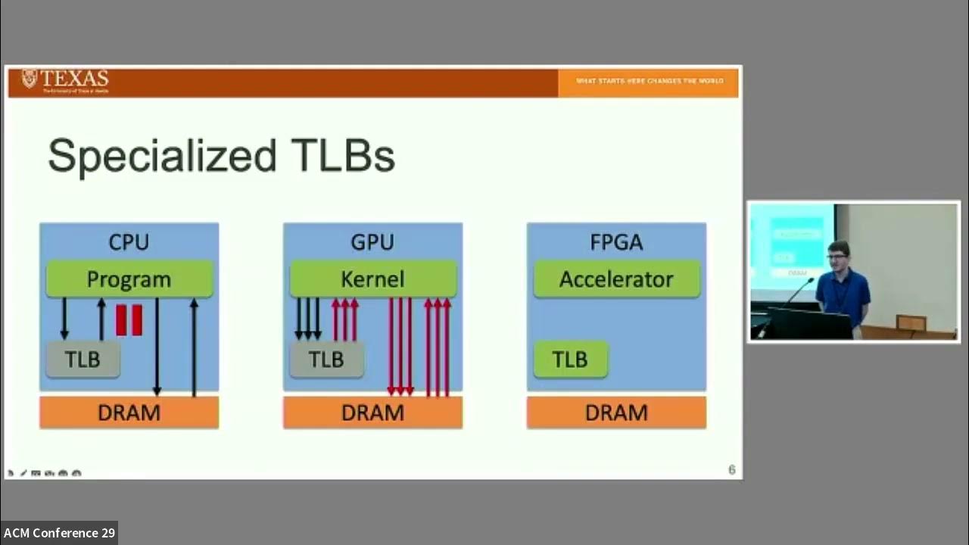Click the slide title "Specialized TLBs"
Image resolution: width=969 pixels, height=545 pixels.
click(221, 157)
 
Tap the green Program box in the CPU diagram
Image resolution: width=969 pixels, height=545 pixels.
click(129, 279)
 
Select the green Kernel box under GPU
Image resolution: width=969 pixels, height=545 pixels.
click(372, 279)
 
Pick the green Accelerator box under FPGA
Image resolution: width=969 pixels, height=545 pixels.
click(616, 279)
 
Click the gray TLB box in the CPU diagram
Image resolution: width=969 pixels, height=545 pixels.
click(83, 360)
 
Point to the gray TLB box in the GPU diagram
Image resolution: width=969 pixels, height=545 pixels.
click(326, 360)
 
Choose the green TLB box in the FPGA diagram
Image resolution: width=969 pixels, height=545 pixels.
click(570, 360)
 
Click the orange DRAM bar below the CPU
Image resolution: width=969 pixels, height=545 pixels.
click(129, 413)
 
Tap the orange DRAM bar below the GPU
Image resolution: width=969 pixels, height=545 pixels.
click(372, 413)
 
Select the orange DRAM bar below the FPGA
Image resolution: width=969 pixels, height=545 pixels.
click(616, 413)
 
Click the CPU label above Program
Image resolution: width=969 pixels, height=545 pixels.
click(129, 242)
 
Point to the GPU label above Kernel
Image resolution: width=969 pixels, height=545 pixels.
click(372, 242)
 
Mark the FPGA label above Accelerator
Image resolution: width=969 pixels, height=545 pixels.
click(616, 242)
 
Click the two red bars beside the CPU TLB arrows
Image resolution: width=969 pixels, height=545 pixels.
click(129, 319)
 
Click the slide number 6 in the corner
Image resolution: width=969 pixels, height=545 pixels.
click(731, 470)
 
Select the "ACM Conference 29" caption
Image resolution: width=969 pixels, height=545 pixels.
click(59, 533)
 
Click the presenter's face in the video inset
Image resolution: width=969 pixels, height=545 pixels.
click(837, 256)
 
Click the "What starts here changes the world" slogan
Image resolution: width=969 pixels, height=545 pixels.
click(650, 81)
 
